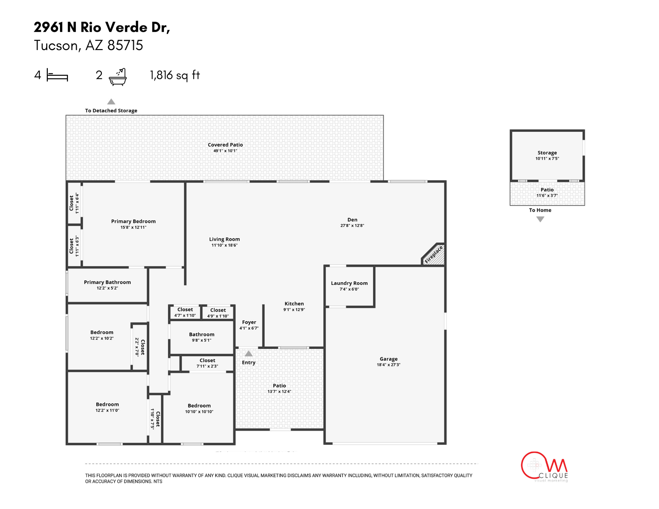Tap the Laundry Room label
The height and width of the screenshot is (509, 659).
click(349, 283)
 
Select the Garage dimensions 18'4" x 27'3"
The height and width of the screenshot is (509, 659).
click(388, 365)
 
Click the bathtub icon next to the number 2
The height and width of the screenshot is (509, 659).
click(118, 77)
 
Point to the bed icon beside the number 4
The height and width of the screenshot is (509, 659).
click(57, 75)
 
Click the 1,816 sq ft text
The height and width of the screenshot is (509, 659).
click(175, 75)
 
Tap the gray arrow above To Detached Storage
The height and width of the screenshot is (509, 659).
click(111, 102)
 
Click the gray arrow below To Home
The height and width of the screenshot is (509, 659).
click(540, 219)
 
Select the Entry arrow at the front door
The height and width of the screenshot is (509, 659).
click(248, 354)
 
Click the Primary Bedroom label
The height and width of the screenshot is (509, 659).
click(133, 221)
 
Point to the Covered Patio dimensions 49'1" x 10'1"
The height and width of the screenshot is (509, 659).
click(225, 151)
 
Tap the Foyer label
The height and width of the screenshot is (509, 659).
click(249, 322)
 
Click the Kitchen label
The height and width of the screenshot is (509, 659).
click(294, 304)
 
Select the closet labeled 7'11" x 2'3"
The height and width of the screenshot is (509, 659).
click(207, 363)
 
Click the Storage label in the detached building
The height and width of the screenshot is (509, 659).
click(547, 153)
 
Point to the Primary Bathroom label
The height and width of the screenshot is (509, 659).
click(107, 282)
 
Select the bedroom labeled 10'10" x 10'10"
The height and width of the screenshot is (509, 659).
click(199, 409)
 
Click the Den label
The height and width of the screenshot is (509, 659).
click(352, 220)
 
